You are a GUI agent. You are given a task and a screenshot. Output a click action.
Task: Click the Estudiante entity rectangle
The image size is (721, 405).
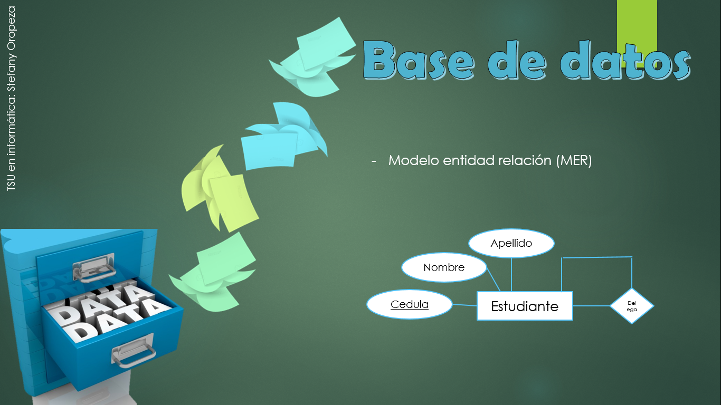pyautogui.click(x=525, y=306)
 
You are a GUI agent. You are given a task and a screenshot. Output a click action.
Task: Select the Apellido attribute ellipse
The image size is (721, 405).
pyautogui.click(x=511, y=243)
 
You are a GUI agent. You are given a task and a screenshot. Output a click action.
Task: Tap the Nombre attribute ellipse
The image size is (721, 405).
pyautogui.click(x=444, y=267)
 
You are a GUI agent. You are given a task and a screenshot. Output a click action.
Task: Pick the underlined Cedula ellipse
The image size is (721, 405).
pyautogui.click(x=410, y=304)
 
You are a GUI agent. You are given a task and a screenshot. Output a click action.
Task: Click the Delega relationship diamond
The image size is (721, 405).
pyautogui.click(x=631, y=306)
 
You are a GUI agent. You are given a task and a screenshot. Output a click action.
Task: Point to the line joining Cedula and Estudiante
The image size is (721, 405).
pyautogui.click(x=464, y=305)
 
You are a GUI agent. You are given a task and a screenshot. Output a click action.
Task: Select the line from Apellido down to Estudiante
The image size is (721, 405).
pyautogui.click(x=511, y=275)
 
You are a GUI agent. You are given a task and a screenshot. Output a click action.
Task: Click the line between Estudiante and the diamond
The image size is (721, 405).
pyautogui.click(x=591, y=306)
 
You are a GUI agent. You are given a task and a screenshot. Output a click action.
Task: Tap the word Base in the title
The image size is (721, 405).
pyautogui.click(x=419, y=61)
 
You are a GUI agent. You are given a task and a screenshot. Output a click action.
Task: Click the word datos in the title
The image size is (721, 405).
pyautogui.click(x=625, y=61)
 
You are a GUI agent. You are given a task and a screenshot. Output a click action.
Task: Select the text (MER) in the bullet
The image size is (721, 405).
pyautogui.click(x=574, y=160)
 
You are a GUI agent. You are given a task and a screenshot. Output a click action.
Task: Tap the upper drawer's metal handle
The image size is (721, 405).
pyautogui.click(x=94, y=266)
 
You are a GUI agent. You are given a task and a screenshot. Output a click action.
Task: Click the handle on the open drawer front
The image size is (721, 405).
pyautogui.click(x=133, y=351)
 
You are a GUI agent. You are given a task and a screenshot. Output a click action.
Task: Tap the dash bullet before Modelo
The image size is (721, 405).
pyautogui.click(x=374, y=161)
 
